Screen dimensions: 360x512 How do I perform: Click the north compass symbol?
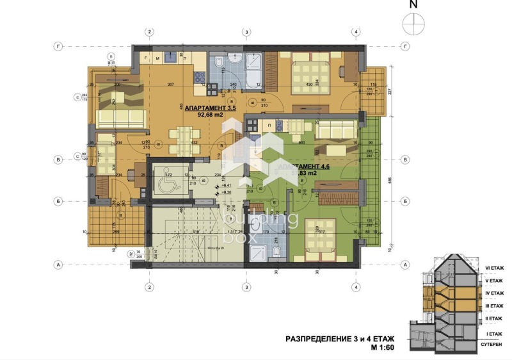(x=413, y=23)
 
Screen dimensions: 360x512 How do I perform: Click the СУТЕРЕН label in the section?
(x=495, y=344)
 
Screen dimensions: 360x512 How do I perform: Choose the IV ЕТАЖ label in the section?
(x=495, y=293)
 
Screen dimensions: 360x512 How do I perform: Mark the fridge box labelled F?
(x=147, y=58)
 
